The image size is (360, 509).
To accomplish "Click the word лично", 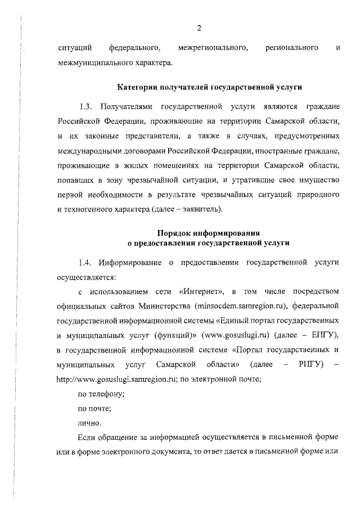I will [90, 423].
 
